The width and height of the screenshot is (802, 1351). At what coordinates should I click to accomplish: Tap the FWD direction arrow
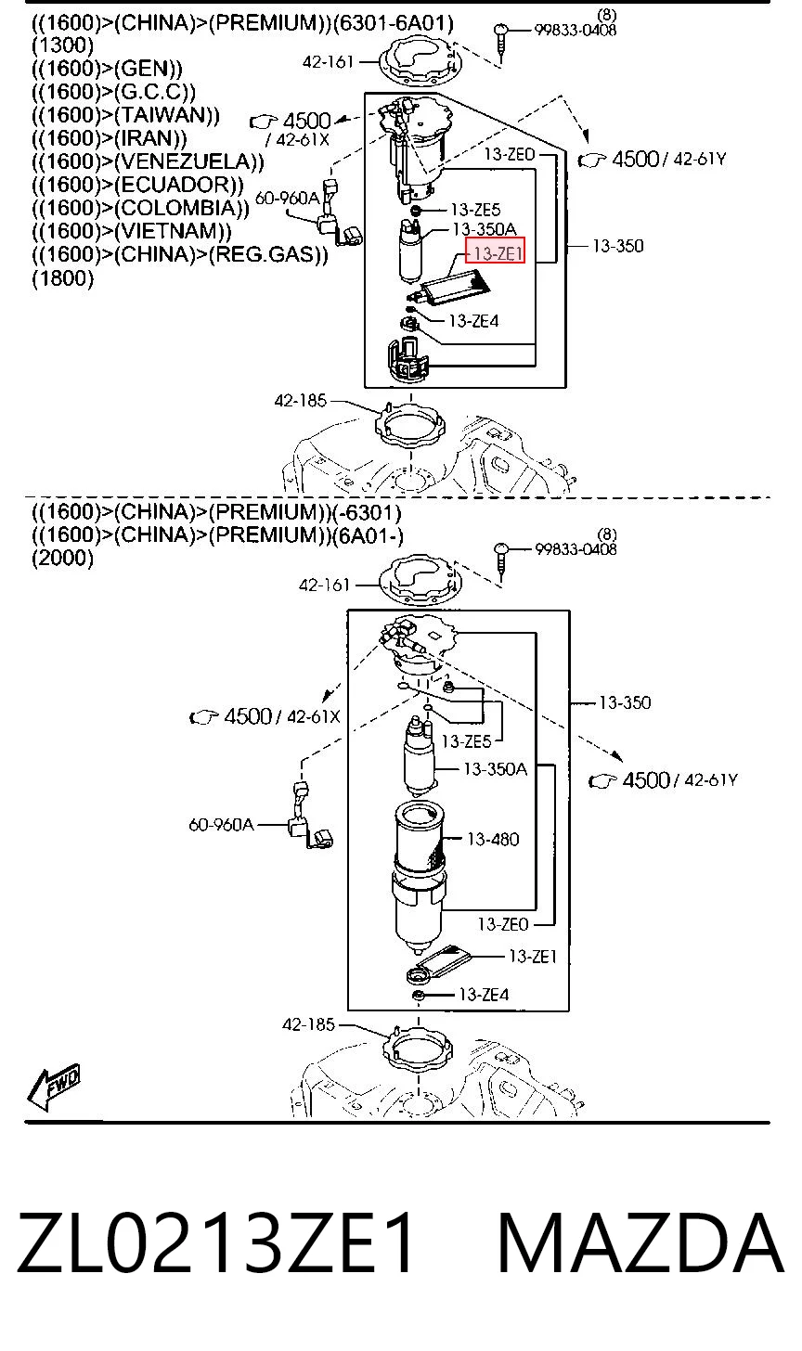point(53,1087)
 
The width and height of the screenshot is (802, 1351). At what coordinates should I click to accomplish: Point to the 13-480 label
point(492,839)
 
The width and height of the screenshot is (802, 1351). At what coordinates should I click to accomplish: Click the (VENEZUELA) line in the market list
point(149,161)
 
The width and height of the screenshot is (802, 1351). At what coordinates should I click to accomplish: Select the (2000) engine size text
point(63,558)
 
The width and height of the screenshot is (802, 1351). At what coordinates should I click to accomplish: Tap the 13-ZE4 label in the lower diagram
point(484,995)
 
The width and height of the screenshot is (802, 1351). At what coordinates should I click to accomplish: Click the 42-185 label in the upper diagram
point(300,401)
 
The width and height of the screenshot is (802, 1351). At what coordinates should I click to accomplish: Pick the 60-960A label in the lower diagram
point(222,825)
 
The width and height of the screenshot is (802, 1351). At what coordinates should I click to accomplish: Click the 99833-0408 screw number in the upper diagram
point(576,30)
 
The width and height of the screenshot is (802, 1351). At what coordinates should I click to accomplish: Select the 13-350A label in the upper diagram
point(484,230)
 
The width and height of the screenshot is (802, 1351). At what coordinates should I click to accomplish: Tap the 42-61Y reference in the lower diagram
point(711,780)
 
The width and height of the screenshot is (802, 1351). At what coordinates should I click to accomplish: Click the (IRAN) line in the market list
point(110,138)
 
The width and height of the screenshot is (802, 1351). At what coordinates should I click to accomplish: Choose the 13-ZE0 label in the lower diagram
point(503,924)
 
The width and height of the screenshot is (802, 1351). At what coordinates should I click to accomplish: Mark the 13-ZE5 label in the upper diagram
point(475,210)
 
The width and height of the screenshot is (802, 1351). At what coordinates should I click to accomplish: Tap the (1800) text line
point(63,278)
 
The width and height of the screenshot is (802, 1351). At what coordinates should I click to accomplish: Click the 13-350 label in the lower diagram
point(625,702)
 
